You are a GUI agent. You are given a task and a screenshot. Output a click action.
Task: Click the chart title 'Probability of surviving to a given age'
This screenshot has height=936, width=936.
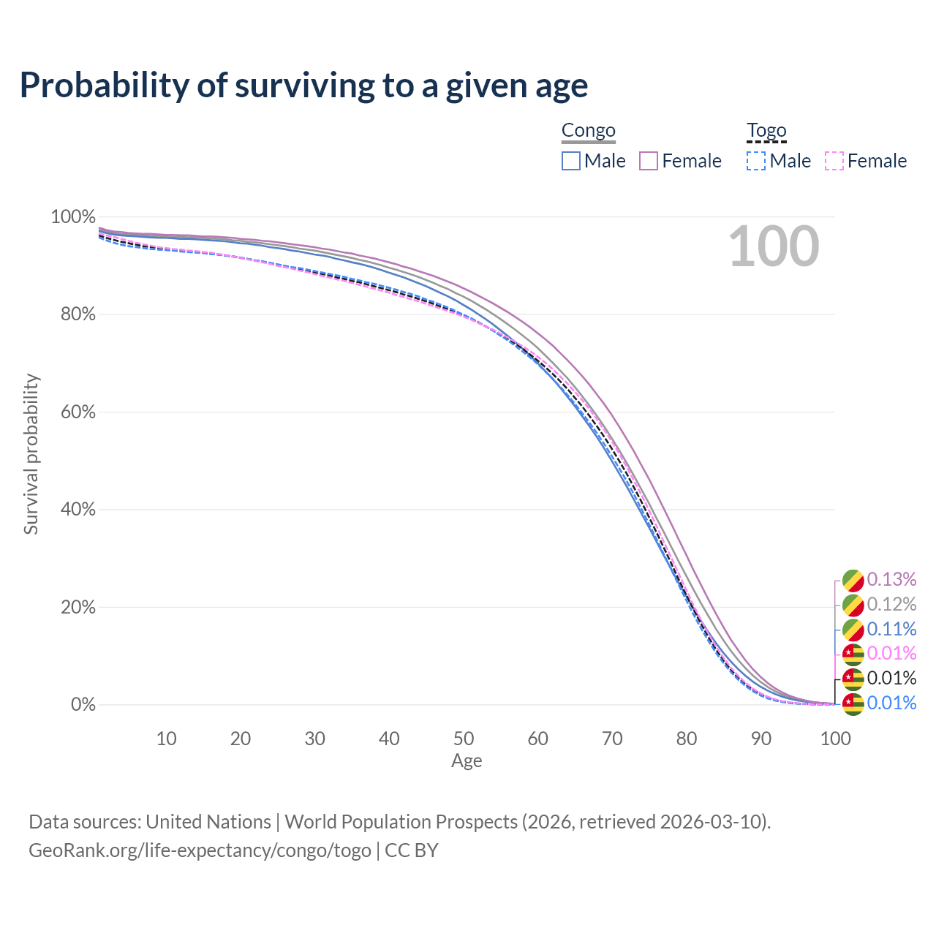tap(303, 86)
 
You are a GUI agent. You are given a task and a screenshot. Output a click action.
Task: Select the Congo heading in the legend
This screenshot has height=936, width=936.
tap(588, 130)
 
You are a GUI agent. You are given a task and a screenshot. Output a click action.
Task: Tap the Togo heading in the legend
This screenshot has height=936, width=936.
tap(766, 130)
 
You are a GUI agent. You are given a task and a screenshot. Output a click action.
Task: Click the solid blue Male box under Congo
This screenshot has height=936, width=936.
tap(571, 161)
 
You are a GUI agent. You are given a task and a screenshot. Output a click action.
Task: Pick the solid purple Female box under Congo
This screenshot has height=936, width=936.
tap(649, 161)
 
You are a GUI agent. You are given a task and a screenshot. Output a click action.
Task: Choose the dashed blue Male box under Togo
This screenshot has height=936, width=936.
tap(756, 161)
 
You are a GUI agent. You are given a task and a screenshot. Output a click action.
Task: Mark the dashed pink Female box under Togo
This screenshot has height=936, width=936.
tap(834, 161)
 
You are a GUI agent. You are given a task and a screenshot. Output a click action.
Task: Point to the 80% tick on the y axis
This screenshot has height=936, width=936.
tap(73, 314)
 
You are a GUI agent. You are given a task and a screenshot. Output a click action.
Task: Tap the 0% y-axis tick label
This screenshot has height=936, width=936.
tap(83, 705)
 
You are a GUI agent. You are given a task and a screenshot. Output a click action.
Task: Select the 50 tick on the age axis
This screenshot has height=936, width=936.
tap(464, 739)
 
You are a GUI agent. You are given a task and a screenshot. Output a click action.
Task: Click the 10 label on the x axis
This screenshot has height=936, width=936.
tap(166, 739)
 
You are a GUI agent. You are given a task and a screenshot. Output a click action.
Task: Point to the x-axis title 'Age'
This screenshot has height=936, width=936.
tap(467, 761)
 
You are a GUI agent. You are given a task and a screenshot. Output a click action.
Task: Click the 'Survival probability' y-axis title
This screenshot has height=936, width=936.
tap(31, 453)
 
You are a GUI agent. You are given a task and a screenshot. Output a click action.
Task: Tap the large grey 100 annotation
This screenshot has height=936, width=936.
tap(774, 246)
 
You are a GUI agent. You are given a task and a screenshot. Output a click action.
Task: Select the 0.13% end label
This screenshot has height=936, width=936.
tap(891, 579)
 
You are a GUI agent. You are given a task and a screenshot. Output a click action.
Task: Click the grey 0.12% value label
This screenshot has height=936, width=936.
tap(891, 604)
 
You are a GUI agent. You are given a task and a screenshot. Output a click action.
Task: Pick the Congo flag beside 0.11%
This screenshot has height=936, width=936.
tap(853, 629)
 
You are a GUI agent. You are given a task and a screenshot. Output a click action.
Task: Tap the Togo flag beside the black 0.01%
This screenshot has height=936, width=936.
tap(853, 679)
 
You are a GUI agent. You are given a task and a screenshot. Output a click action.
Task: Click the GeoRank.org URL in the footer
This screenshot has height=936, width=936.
tap(200, 850)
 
